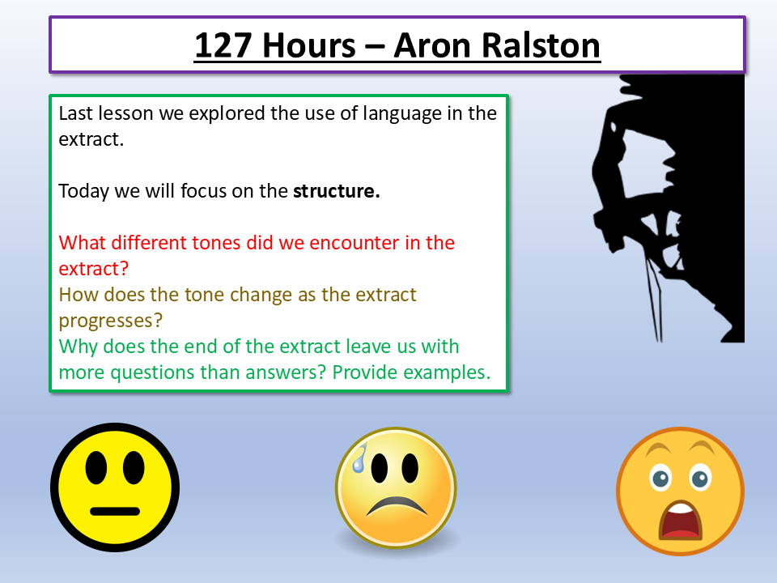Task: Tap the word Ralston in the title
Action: [x=537, y=46]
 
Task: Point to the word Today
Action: [x=84, y=192]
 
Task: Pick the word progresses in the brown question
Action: [x=104, y=320]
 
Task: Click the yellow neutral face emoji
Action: [x=114, y=487]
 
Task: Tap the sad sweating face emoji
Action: [x=396, y=488]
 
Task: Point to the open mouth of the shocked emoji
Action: [x=679, y=521]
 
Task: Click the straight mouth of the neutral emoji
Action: [x=114, y=511]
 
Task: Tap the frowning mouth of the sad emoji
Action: [x=396, y=508]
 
